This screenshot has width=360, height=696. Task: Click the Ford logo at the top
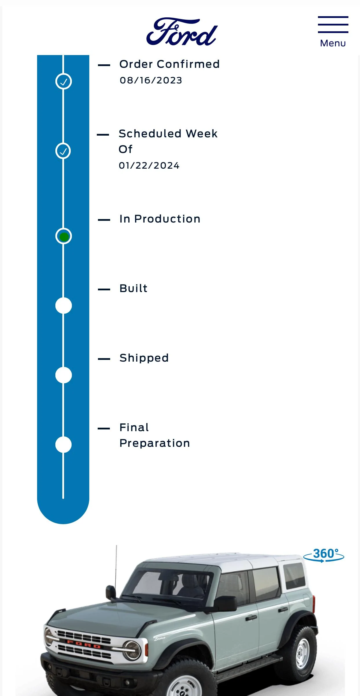pyautogui.click(x=182, y=32)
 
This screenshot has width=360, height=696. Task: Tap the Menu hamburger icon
pyautogui.click(x=333, y=25)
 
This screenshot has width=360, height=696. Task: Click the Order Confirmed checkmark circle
pyautogui.click(x=63, y=81)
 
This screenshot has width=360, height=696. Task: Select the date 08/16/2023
pyautogui.click(x=151, y=80)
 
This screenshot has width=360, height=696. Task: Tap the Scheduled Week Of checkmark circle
pyautogui.click(x=63, y=151)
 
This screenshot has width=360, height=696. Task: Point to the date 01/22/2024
pyautogui.click(x=149, y=165)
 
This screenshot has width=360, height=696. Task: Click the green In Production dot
pyautogui.click(x=64, y=237)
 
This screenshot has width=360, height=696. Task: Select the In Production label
pyautogui.click(x=160, y=219)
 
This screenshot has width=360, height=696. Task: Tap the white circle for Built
pyautogui.click(x=63, y=305)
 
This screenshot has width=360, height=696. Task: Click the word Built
pyautogui.click(x=133, y=288)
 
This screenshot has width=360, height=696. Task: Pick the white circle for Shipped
pyautogui.click(x=63, y=375)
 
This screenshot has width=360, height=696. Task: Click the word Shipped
pyautogui.click(x=144, y=358)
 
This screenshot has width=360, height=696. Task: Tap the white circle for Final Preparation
pyautogui.click(x=63, y=444)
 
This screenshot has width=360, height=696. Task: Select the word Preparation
pyautogui.click(x=155, y=443)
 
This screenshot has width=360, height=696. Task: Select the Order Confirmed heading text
pyautogui.click(x=170, y=64)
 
